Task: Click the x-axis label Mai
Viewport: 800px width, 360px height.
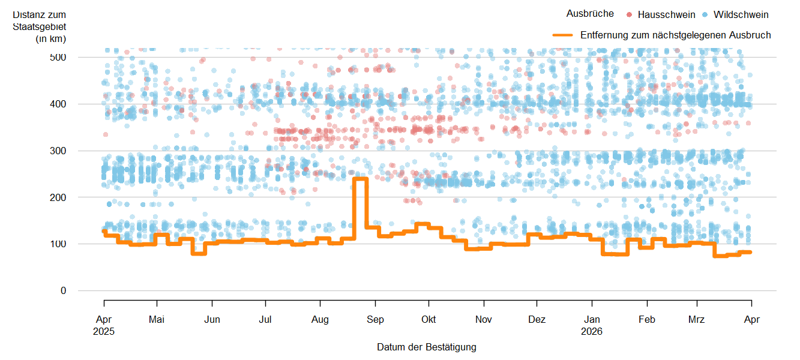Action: pyautogui.click(x=157, y=320)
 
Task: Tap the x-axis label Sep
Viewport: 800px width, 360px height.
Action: pyautogui.click(x=375, y=320)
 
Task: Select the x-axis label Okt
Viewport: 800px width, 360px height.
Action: pyautogui.click(x=429, y=320)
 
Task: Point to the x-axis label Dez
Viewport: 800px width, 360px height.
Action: pyautogui.click(x=537, y=320)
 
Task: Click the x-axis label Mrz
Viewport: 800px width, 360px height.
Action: pyautogui.click(x=697, y=320)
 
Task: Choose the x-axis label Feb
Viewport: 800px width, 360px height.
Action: pyautogui.click(x=647, y=320)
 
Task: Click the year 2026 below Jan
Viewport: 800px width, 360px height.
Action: pyautogui.click(x=592, y=331)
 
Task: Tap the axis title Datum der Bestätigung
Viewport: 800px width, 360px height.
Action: pyautogui.click(x=427, y=347)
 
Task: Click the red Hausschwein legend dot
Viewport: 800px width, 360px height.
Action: pyautogui.click(x=629, y=14)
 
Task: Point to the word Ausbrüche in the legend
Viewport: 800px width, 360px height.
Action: pyautogui.click(x=590, y=14)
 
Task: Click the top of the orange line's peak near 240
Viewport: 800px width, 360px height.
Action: pyautogui.click(x=360, y=178)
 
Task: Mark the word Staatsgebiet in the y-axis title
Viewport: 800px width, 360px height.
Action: pyautogui.click(x=40, y=26)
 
